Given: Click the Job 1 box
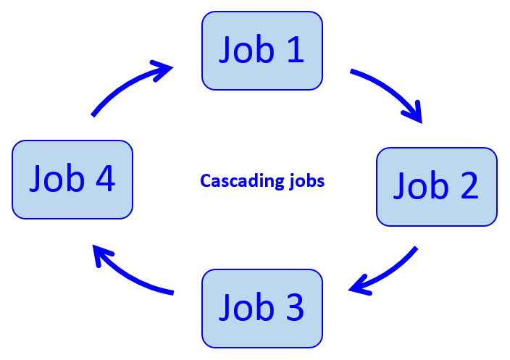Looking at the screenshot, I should coord(262,51).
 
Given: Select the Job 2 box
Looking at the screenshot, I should coord(436,186).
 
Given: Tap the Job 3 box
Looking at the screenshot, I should coord(262,308).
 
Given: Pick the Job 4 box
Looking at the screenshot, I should coord(72,179).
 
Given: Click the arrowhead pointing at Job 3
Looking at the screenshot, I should coord(359,288).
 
